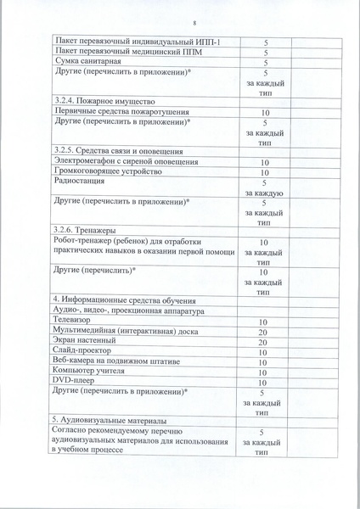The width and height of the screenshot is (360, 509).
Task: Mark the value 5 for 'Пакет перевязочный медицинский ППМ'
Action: [x=266, y=52]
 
